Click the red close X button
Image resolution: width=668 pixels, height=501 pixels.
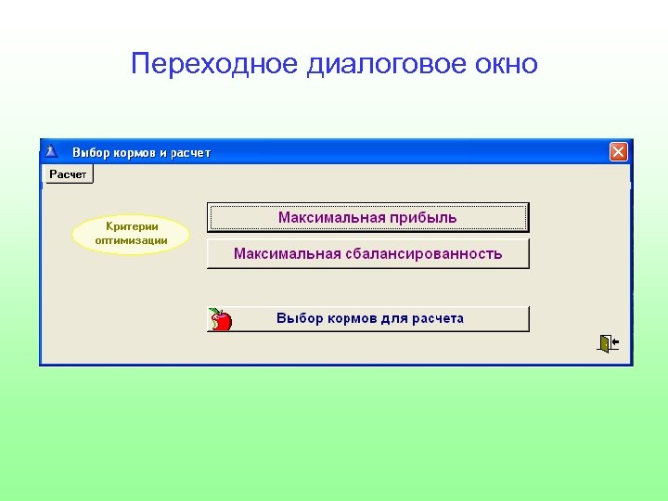click(619, 152)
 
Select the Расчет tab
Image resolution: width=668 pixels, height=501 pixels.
click(69, 174)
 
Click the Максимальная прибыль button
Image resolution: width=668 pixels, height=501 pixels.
click(367, 217)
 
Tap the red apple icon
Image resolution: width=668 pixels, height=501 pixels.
click(221, 319)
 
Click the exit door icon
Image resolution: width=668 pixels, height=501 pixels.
click(608, 343)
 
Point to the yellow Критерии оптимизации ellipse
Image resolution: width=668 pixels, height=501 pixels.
click(131, 234)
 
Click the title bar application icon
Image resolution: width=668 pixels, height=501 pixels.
click(52, 151)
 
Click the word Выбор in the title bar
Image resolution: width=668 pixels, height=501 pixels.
click(90, 152)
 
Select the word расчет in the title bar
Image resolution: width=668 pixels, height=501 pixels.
click(190, 152)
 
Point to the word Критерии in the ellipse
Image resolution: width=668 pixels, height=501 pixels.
click(132, 226)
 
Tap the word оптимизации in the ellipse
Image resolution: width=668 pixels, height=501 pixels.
click(132, 240)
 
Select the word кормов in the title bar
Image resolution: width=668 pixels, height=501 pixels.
click(134, 152)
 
